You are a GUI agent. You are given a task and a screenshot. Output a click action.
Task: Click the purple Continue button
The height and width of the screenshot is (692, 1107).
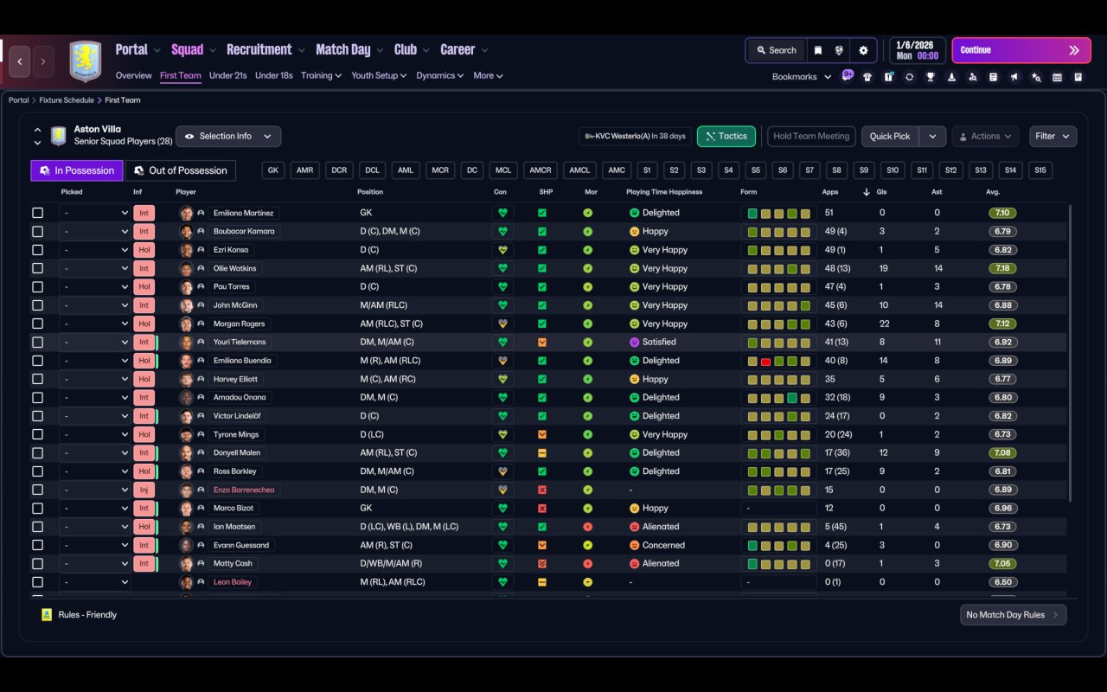(1021, 50)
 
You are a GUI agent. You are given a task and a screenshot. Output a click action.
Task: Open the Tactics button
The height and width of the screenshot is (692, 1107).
(726, 137)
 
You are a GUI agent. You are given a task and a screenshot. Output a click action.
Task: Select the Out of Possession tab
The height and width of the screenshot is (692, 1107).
(181, 170)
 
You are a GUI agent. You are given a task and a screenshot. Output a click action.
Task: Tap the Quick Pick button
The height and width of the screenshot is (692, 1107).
(890, 137)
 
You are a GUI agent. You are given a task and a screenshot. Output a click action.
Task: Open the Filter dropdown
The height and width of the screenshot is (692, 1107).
(1053, 137)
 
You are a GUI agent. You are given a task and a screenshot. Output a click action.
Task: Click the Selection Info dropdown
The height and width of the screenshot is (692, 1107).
(228, 137)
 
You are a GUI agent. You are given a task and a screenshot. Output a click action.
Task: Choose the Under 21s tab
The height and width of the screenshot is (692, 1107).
(227, 75)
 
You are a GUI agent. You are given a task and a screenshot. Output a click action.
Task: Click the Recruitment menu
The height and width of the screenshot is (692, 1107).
(259, 50)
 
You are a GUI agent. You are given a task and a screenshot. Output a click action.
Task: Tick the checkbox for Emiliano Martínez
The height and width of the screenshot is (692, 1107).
(37, 213)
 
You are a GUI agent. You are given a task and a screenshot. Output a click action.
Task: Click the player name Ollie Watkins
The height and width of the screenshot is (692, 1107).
(234, 268)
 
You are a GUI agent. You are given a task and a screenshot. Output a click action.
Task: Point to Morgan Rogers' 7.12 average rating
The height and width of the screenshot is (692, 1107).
(1002, 324)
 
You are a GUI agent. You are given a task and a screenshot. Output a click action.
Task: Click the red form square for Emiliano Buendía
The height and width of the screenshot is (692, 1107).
(765, 362)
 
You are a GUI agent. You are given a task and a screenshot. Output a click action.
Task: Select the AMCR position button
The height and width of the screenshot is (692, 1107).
(541, 170)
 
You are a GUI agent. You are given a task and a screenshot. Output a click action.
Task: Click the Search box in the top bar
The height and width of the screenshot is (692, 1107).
(777, 50)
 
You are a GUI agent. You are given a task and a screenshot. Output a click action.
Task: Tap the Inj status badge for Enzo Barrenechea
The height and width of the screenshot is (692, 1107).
(144, 490)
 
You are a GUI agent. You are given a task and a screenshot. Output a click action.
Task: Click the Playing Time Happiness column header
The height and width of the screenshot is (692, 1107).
(664, 192)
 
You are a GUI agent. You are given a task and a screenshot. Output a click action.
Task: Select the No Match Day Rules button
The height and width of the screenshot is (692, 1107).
(1013, 615)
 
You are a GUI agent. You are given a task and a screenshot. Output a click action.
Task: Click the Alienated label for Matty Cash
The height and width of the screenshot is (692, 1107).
(661, 563)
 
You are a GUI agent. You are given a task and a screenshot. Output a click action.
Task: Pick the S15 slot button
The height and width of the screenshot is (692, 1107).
(1040, 170)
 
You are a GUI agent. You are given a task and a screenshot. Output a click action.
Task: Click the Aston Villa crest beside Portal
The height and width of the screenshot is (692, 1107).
(86, 61)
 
